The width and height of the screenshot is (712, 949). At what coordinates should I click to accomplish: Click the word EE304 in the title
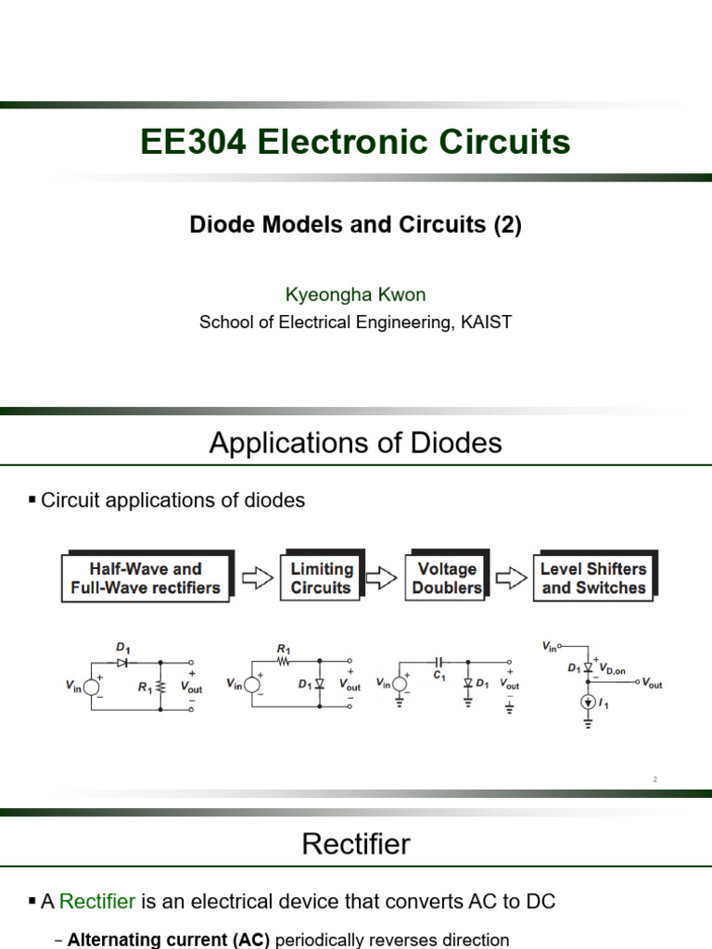coord(193,142)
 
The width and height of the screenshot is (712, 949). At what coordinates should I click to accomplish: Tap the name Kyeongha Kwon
coord(355,295)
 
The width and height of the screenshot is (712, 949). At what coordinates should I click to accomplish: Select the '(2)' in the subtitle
coord(507,224)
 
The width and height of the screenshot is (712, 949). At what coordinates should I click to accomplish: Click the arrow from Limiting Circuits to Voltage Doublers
coord(382,578)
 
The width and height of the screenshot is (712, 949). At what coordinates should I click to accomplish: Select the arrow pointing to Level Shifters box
coord(512,578)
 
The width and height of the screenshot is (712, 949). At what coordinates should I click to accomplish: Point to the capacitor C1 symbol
coord(439,662)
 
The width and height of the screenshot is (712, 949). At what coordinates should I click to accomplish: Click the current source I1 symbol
coord(588,702)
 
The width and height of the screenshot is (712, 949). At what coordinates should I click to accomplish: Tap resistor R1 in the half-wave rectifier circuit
coord(160,687)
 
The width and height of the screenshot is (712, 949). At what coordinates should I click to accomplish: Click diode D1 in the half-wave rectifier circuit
coord(122,663)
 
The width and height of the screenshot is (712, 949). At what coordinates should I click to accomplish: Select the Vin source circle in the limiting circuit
coord(252,684)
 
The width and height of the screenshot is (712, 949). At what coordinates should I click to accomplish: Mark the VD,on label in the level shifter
coord(612,669)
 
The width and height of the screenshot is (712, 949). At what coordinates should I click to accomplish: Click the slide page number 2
coord(655,779)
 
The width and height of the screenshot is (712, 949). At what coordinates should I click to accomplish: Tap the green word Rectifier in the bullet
coord(97,901)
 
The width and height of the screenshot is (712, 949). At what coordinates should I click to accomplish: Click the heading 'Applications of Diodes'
coord(355,442)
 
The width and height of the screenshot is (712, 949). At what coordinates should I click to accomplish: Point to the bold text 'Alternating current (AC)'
coord(169,940)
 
